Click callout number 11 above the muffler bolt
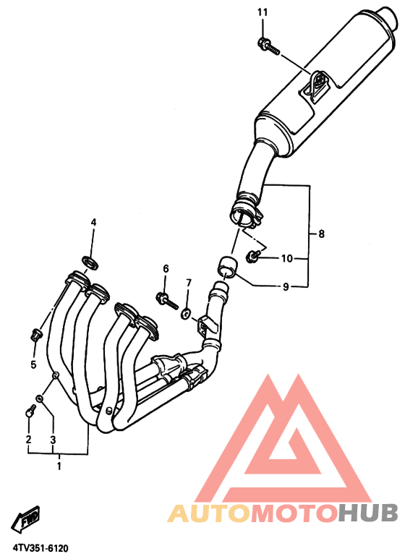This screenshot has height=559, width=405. tap(262, 13)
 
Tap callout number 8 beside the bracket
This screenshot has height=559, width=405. tap(321, 234)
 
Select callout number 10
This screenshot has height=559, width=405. tap(286, 258)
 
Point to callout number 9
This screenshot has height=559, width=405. tap(286, 286)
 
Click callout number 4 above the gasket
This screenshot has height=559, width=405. tap(93, 223)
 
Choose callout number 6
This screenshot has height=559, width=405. tap(166, 268)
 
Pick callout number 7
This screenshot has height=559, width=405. tap(189, 283)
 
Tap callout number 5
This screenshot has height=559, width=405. tap(33, 364)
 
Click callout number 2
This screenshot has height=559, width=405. tap(28, 439)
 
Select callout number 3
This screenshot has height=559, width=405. tap(53, 440)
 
